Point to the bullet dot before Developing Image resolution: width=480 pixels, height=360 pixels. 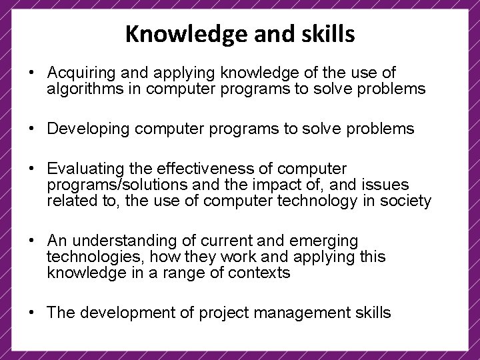click(31, 129)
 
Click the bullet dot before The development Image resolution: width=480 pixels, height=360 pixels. click(31, 313)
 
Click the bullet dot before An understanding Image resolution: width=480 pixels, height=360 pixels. click(31, 241)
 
